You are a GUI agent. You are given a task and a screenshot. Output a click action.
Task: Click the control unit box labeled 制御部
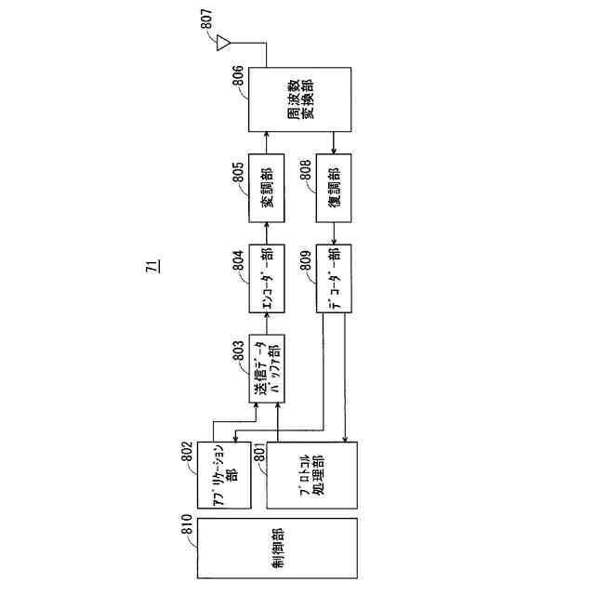pos(277,548)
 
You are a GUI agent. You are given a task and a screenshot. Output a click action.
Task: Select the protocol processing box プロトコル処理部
pos(311,473)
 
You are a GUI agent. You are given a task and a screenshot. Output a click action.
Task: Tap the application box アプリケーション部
pos(226,473)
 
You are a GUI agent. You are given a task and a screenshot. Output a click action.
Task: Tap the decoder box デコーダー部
pos(335,278)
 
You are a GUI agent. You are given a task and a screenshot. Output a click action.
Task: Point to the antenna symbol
pos(223,42)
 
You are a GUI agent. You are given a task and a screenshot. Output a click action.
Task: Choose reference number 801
pos(258,455)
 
